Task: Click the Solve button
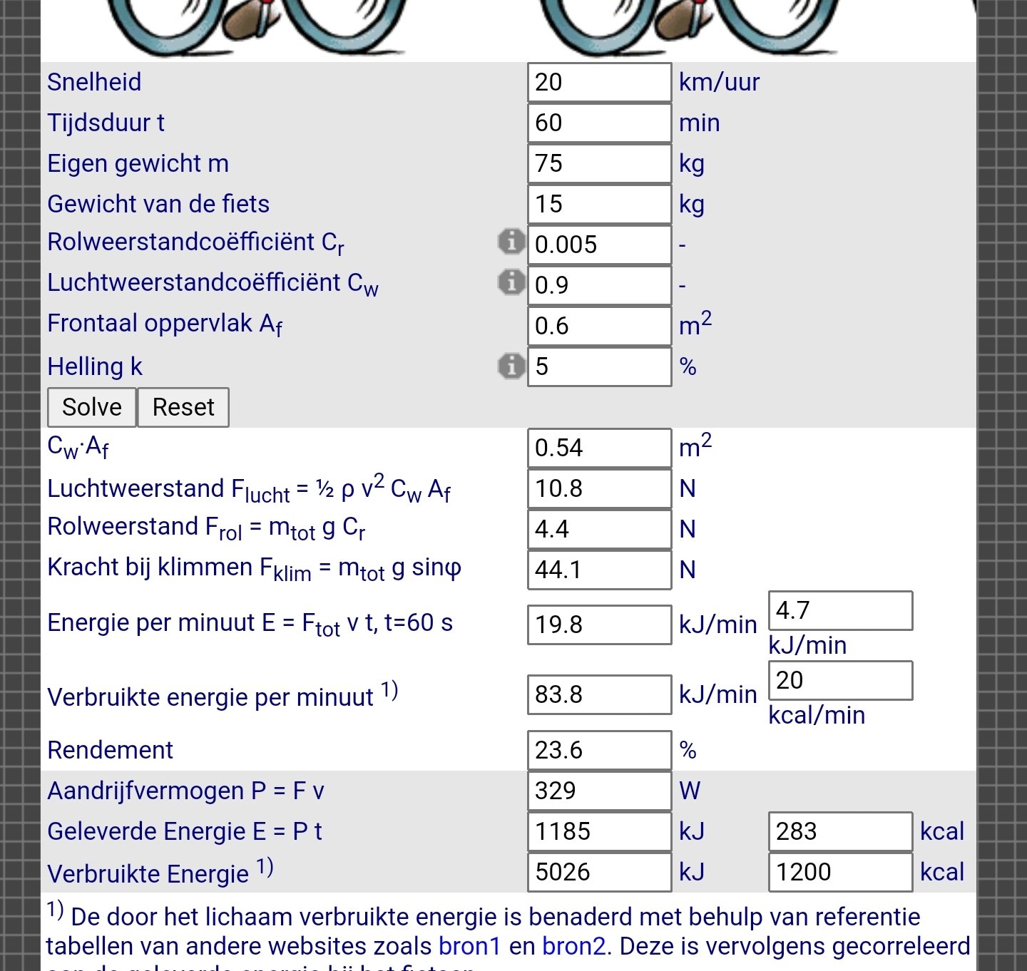click(91, 407)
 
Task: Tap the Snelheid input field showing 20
click(599, 82)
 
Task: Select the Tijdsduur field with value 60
click(599, 123)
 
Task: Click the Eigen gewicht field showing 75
click(599, 163)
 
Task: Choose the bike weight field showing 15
click(599, 204)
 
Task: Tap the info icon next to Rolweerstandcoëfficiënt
click(511, 242)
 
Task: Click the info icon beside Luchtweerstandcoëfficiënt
click(511, 282)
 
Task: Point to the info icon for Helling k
click(511, 366)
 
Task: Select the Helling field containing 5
click(599, 366)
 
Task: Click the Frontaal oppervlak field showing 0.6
click(599, 326)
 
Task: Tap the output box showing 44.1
click(599, 570)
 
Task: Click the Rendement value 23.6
click(599, 750)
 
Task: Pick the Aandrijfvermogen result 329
click(599, 791)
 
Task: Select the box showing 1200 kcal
click(840, 872)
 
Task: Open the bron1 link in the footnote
click(470, 946)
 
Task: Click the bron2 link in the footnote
click(573, 946)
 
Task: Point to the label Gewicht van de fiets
click(158, 204)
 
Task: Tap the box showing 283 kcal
click(840, 831)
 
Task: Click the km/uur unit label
click(719, 82)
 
